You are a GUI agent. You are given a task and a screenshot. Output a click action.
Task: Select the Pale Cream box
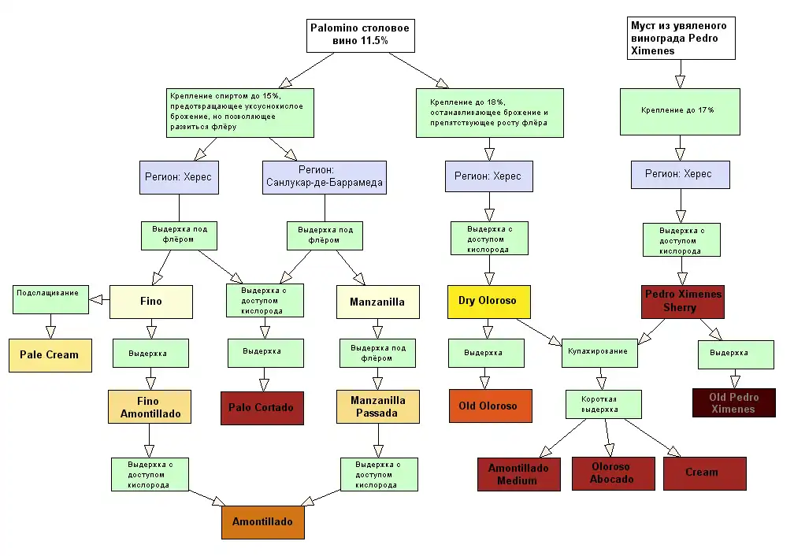pyautogui.click(x=50, y=355)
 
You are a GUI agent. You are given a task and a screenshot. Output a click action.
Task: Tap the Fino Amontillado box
pyautogui.click(x=149, y=407)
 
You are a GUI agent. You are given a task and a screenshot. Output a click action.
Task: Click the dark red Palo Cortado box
pyautogui.click(x=261, y=408)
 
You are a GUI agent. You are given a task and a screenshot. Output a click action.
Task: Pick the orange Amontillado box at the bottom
pyautogui.click(x=262, y=522)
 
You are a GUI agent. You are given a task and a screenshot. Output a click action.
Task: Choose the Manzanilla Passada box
pyautogui.click(x=378, y=406)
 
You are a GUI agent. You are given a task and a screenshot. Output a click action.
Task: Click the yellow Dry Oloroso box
pyautogui.click(x=488, y=301)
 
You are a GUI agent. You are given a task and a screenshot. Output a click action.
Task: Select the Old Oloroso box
pyautogui.click(x=488, y=406)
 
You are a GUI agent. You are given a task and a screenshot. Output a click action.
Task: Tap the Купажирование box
pyautogui.click(x=599, y=351)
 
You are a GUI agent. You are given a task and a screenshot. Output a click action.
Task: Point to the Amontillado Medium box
pyautogui.click(x=518, y=474)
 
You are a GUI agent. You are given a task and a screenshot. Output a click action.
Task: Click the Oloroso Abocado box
pyautogui.click(x=612, y=473)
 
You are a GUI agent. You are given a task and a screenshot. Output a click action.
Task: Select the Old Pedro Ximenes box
pyautogui.click(x=733, y=403)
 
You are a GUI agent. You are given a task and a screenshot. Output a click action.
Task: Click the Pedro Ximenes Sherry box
pyautogui.click(x=682, y=301)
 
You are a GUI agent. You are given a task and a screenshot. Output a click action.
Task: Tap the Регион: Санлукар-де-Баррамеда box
pyautogui.click(x=324, y=177)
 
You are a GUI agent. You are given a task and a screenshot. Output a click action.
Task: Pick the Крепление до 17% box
pyautogui.click(x=678, y=111)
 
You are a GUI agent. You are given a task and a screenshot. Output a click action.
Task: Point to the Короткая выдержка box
pyautogui.click(x=604, y=405)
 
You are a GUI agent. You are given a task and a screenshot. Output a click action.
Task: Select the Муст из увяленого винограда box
pyautogui.click(x=680, y=39)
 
